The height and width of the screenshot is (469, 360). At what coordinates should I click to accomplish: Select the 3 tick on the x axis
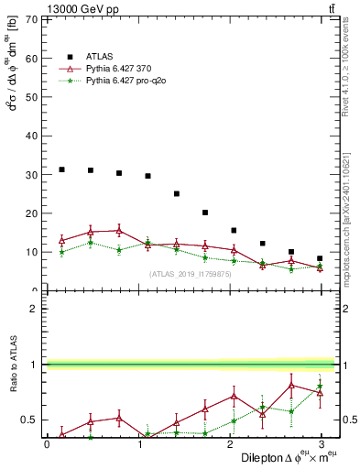click(x=320, y=444)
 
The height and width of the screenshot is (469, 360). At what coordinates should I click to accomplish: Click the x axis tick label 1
click(x=137, y=444)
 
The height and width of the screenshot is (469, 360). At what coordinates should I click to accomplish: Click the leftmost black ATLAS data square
click(x=61, y=169)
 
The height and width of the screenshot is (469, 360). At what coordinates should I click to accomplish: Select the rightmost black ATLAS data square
click(x=320, y=258)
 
